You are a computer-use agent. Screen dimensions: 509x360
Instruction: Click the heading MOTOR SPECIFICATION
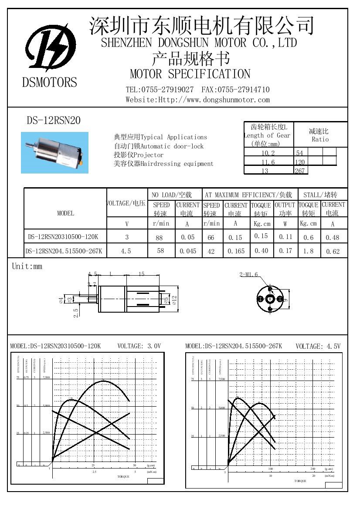click(190, 74)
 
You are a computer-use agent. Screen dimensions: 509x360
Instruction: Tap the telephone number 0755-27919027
click(167, 90)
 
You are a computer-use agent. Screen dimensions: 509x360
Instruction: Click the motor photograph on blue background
click(54, 152)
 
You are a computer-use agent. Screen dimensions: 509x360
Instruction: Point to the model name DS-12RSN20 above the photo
click(54, 120)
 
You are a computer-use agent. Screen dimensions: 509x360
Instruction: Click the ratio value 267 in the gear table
click(300, 171)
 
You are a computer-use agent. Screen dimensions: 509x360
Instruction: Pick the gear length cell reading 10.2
click(268, 153)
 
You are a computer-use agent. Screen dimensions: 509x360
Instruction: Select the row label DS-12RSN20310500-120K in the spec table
click(63, 237)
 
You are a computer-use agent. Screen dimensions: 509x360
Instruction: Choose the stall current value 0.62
click(332, 251)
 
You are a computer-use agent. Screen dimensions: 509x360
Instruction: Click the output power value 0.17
click(285, 251)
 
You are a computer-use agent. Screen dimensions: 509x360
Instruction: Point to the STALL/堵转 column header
click(320, 195)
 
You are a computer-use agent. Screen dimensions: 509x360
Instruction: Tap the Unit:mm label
click(27, 266)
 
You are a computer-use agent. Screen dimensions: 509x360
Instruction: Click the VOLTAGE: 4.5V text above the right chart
click(318, 346)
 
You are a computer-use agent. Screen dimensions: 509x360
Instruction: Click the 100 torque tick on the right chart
click(270, 469)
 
